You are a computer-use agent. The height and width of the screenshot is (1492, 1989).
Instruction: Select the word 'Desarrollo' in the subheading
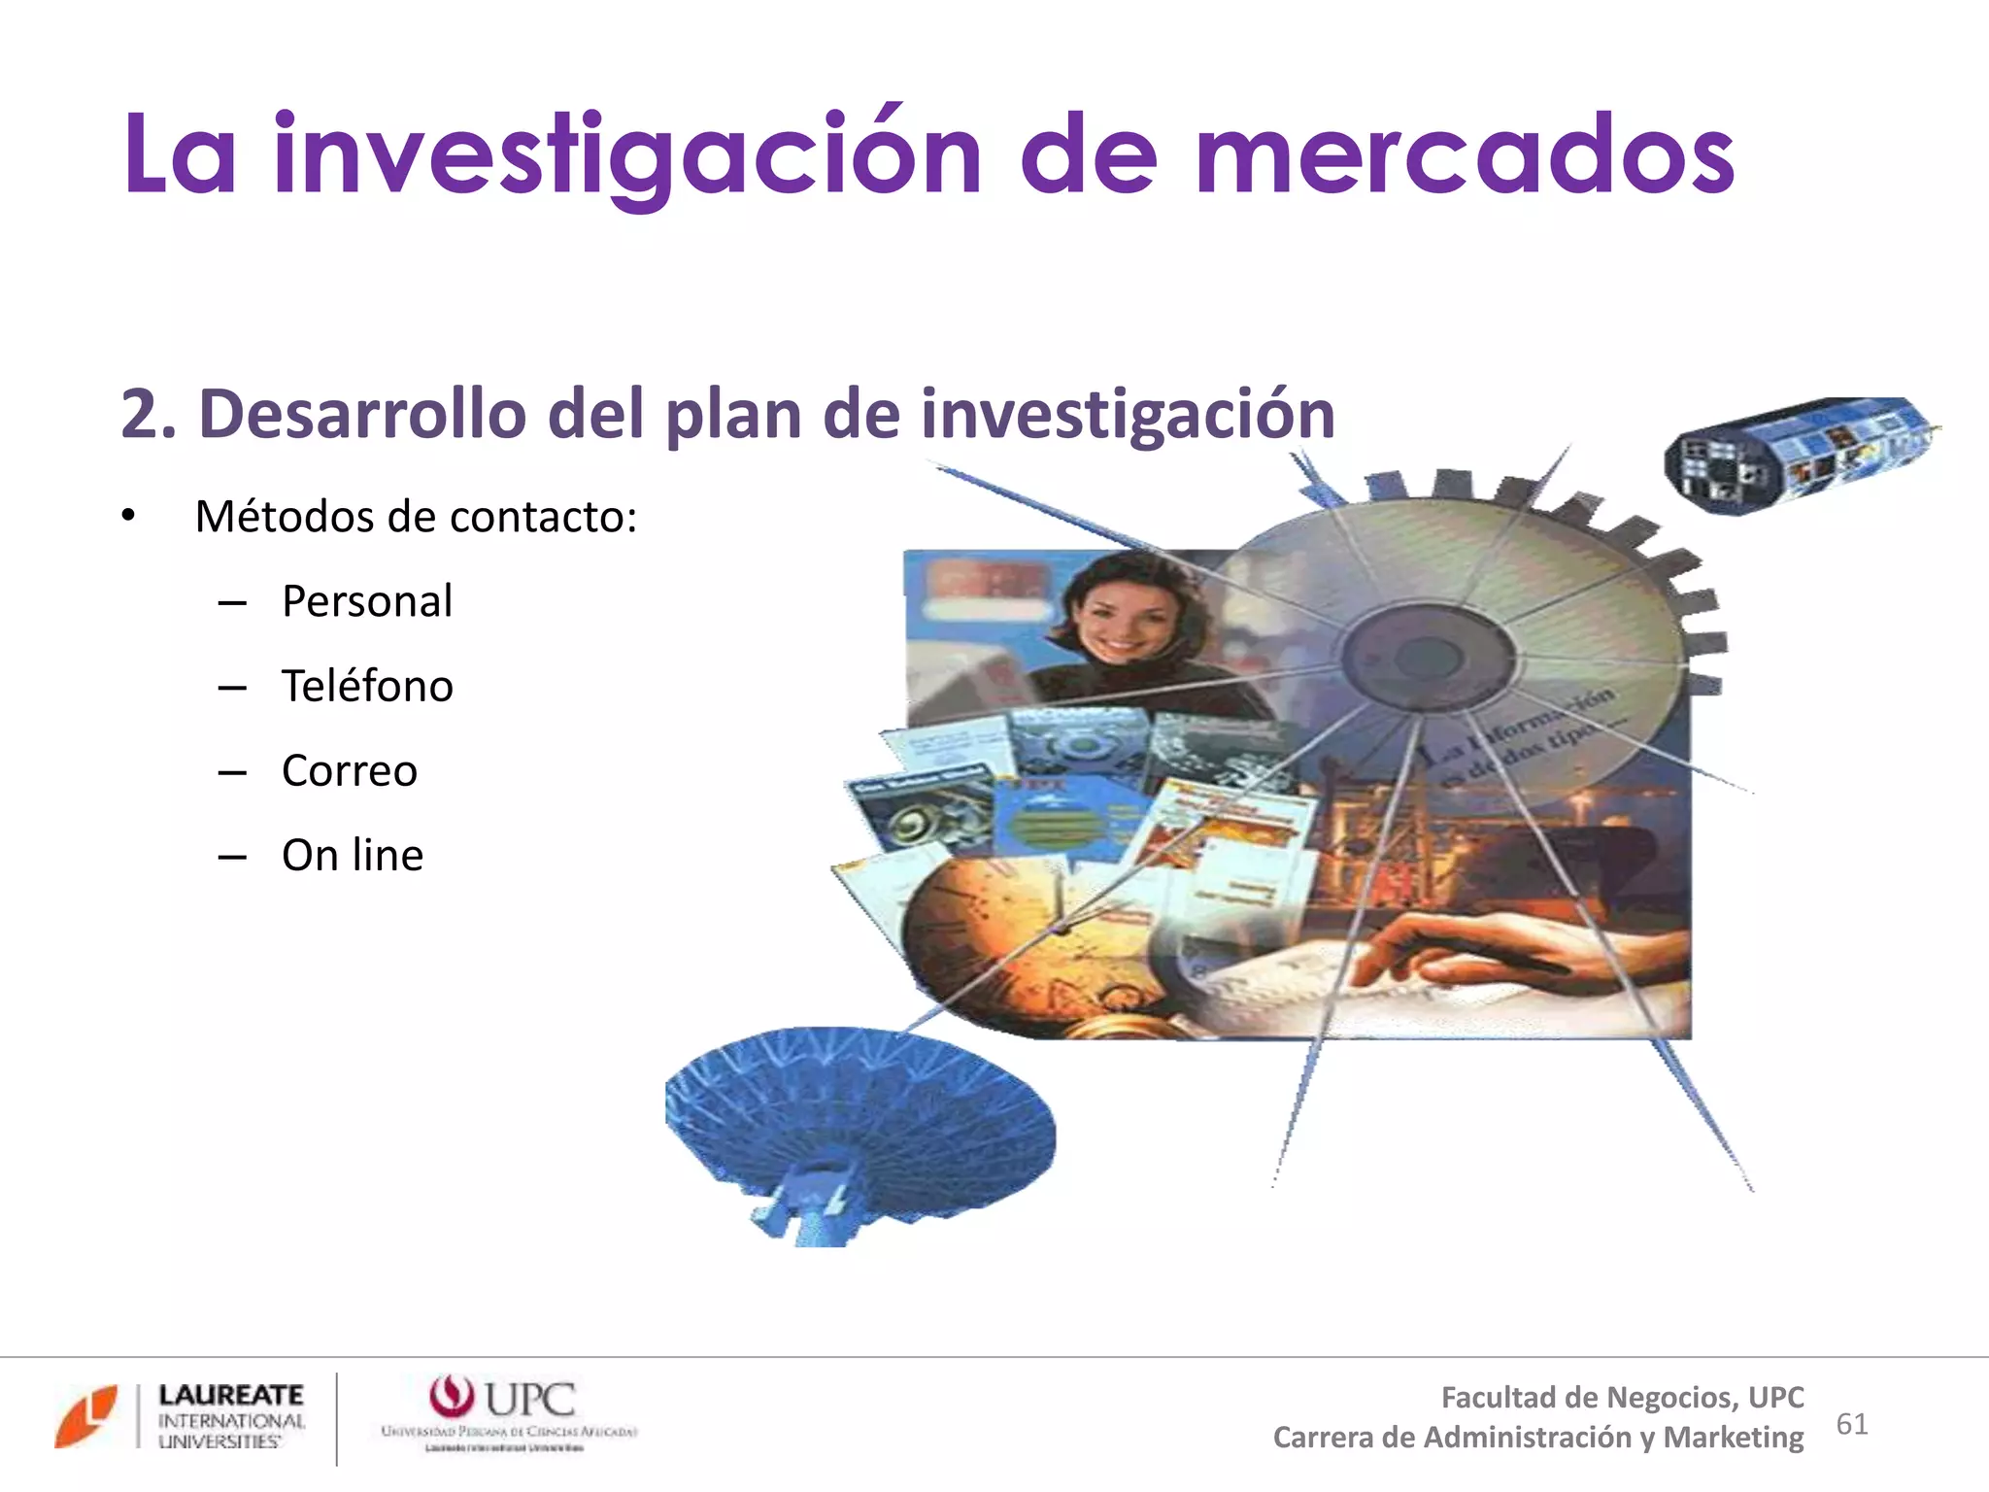click(361, 415)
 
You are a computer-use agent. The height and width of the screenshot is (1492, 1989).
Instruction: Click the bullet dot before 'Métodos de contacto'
click(128, 516)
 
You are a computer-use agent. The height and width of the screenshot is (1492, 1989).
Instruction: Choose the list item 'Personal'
click(366, 601)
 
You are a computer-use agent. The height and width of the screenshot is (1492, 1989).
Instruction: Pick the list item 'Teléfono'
click(367, 686)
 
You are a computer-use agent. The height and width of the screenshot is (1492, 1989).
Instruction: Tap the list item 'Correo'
click(350, 771)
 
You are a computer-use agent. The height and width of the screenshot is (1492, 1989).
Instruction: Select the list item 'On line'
click(352, 856)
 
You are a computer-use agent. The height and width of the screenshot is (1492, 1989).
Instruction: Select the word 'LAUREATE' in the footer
click(231, 1395)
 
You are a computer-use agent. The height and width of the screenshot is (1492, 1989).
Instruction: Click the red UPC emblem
click(452, 1397)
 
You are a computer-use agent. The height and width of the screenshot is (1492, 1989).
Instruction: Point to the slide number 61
click(1852, 1424)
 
